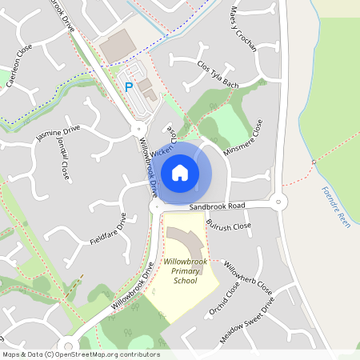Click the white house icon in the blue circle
coord(180,172)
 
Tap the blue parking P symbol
coord(128,86)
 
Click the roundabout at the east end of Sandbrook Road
coord(278,202)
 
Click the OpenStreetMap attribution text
coord(80,354)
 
